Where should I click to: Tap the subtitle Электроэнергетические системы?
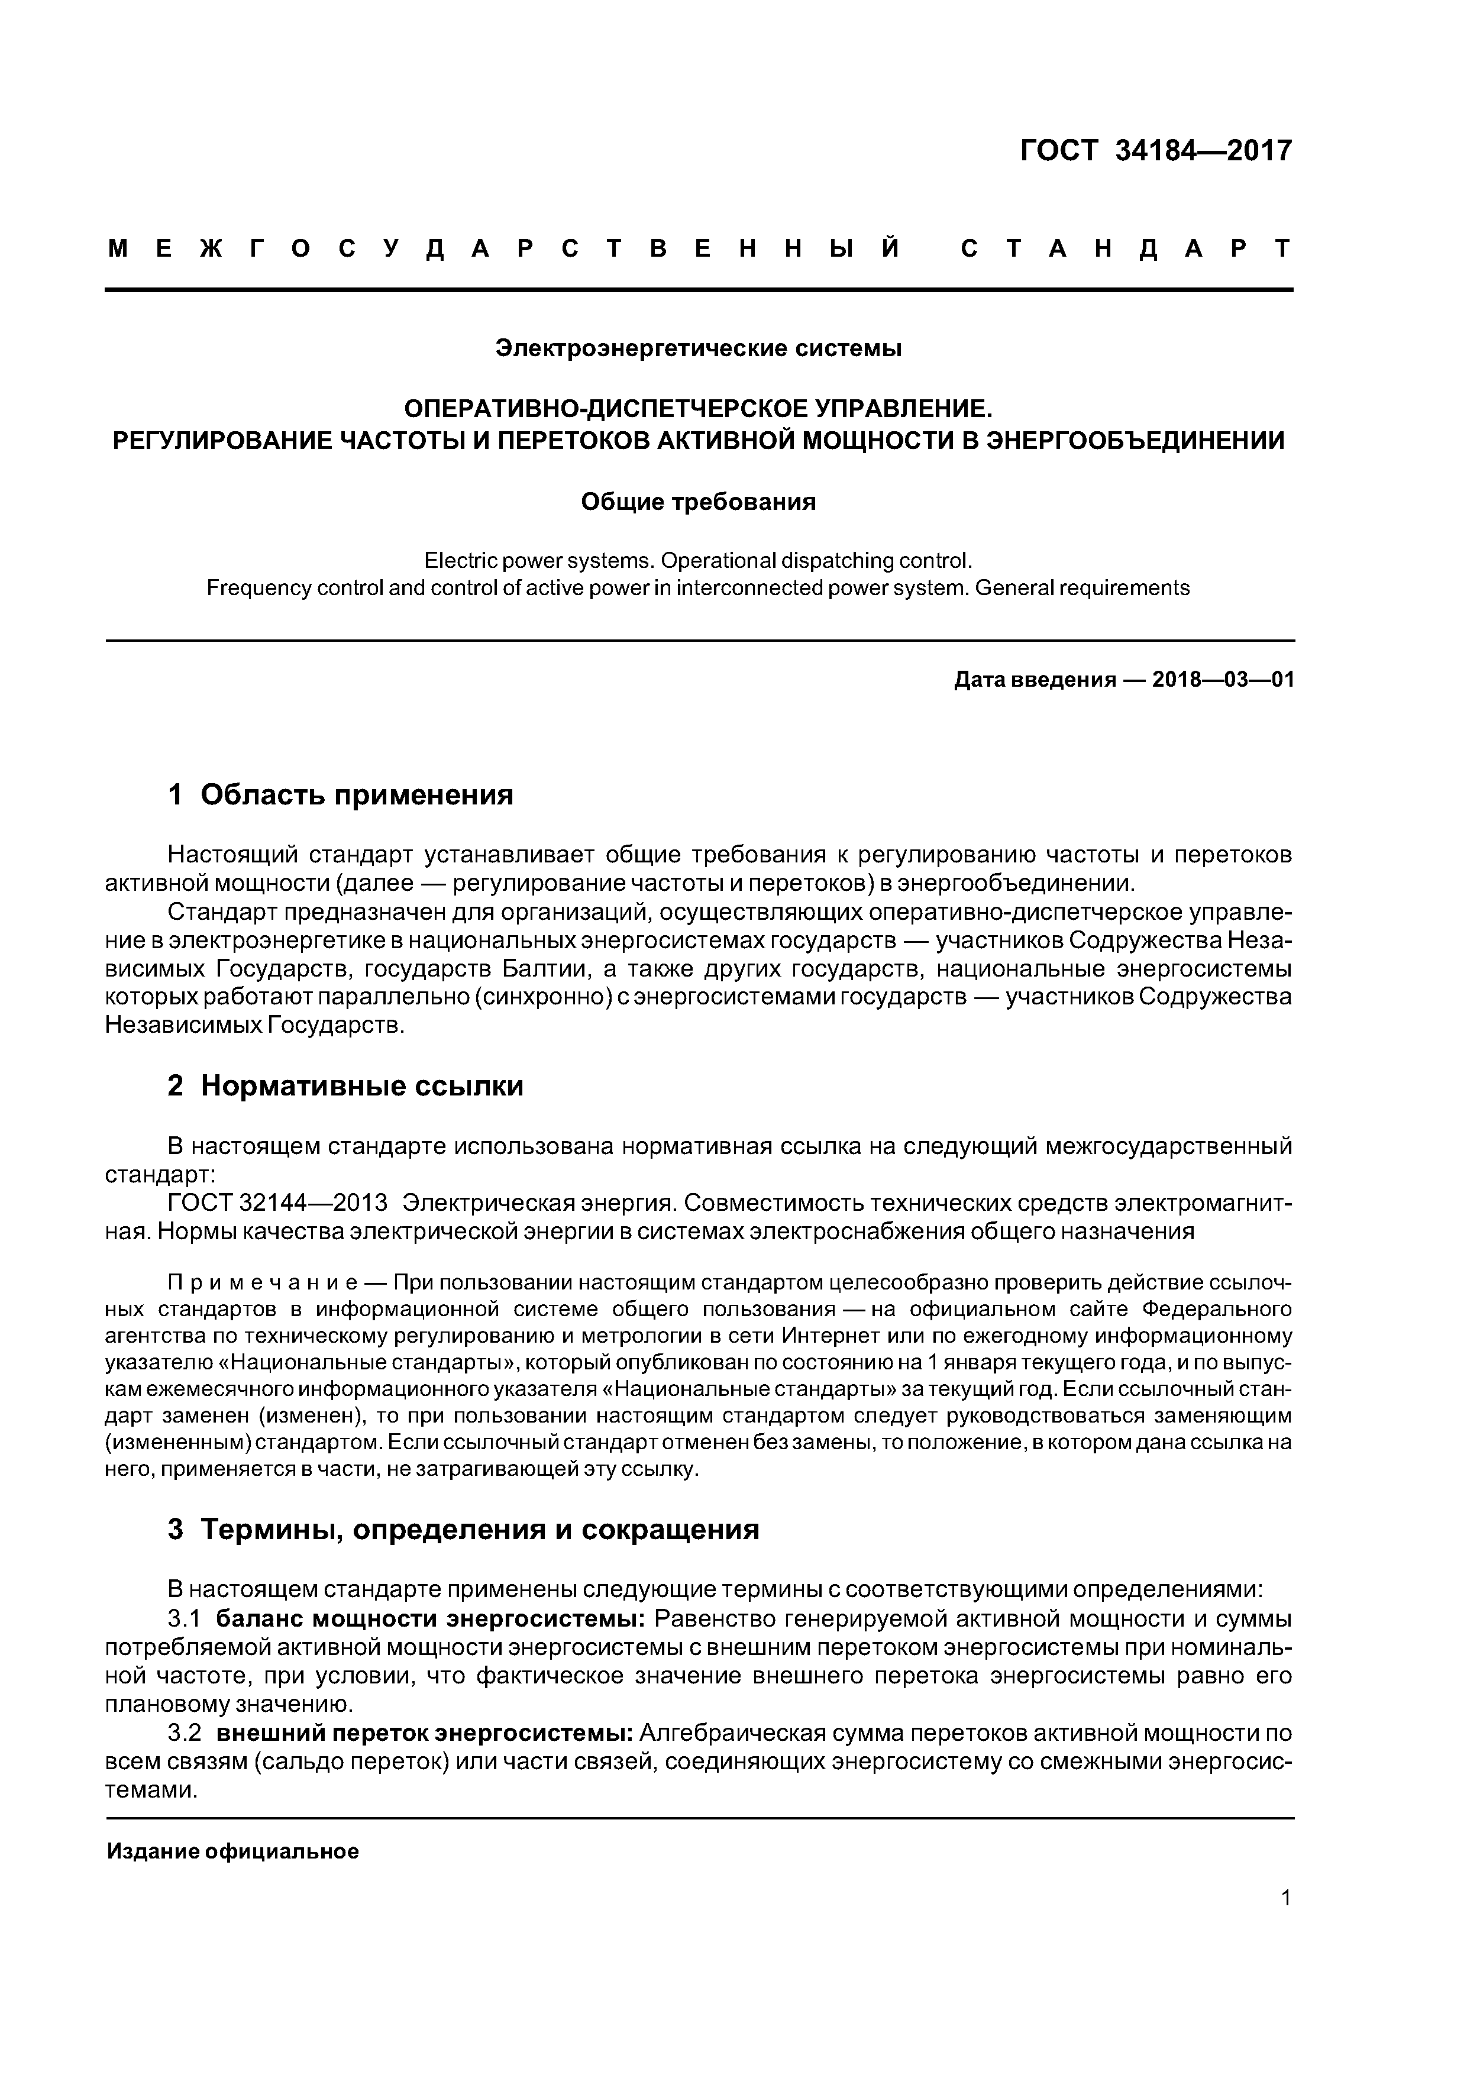[698, 348]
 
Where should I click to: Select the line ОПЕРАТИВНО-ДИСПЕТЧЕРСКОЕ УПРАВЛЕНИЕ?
[698, 409]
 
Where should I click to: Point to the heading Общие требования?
[698, 502]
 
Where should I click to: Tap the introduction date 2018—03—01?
[1223, 680]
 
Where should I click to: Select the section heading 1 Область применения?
[341, 796]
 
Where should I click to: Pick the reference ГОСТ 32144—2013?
[277, 1204]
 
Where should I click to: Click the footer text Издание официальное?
[232, 1852]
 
